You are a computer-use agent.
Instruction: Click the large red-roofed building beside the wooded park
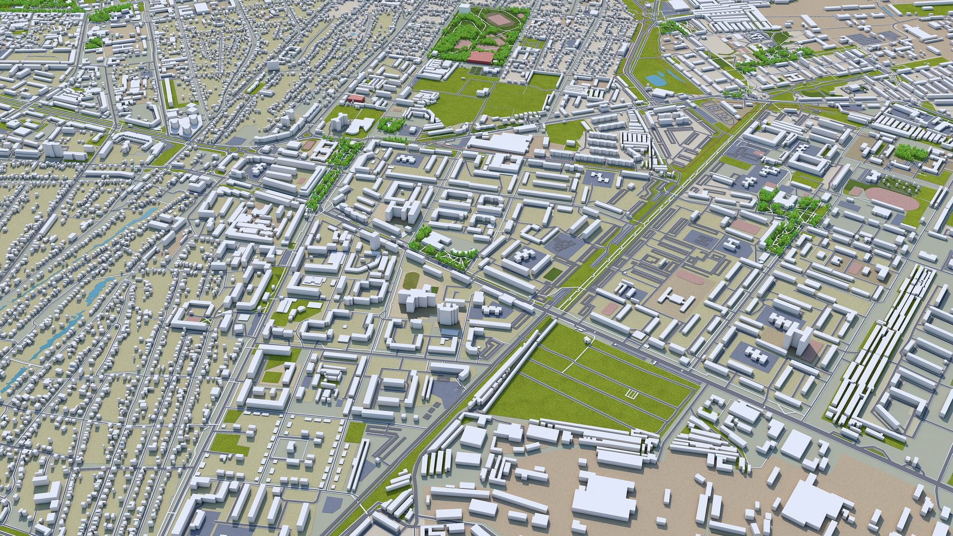[480, 58]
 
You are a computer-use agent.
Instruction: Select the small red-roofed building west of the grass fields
[356, 98]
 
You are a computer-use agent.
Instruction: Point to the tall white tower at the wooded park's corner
[464, 8]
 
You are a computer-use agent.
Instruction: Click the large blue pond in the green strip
[656, 78]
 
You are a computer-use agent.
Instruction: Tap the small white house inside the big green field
[588, 339]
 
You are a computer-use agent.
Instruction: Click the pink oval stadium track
[891, 198]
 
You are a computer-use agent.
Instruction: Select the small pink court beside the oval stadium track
[856, 191]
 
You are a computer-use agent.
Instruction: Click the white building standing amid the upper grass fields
[481, 92]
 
